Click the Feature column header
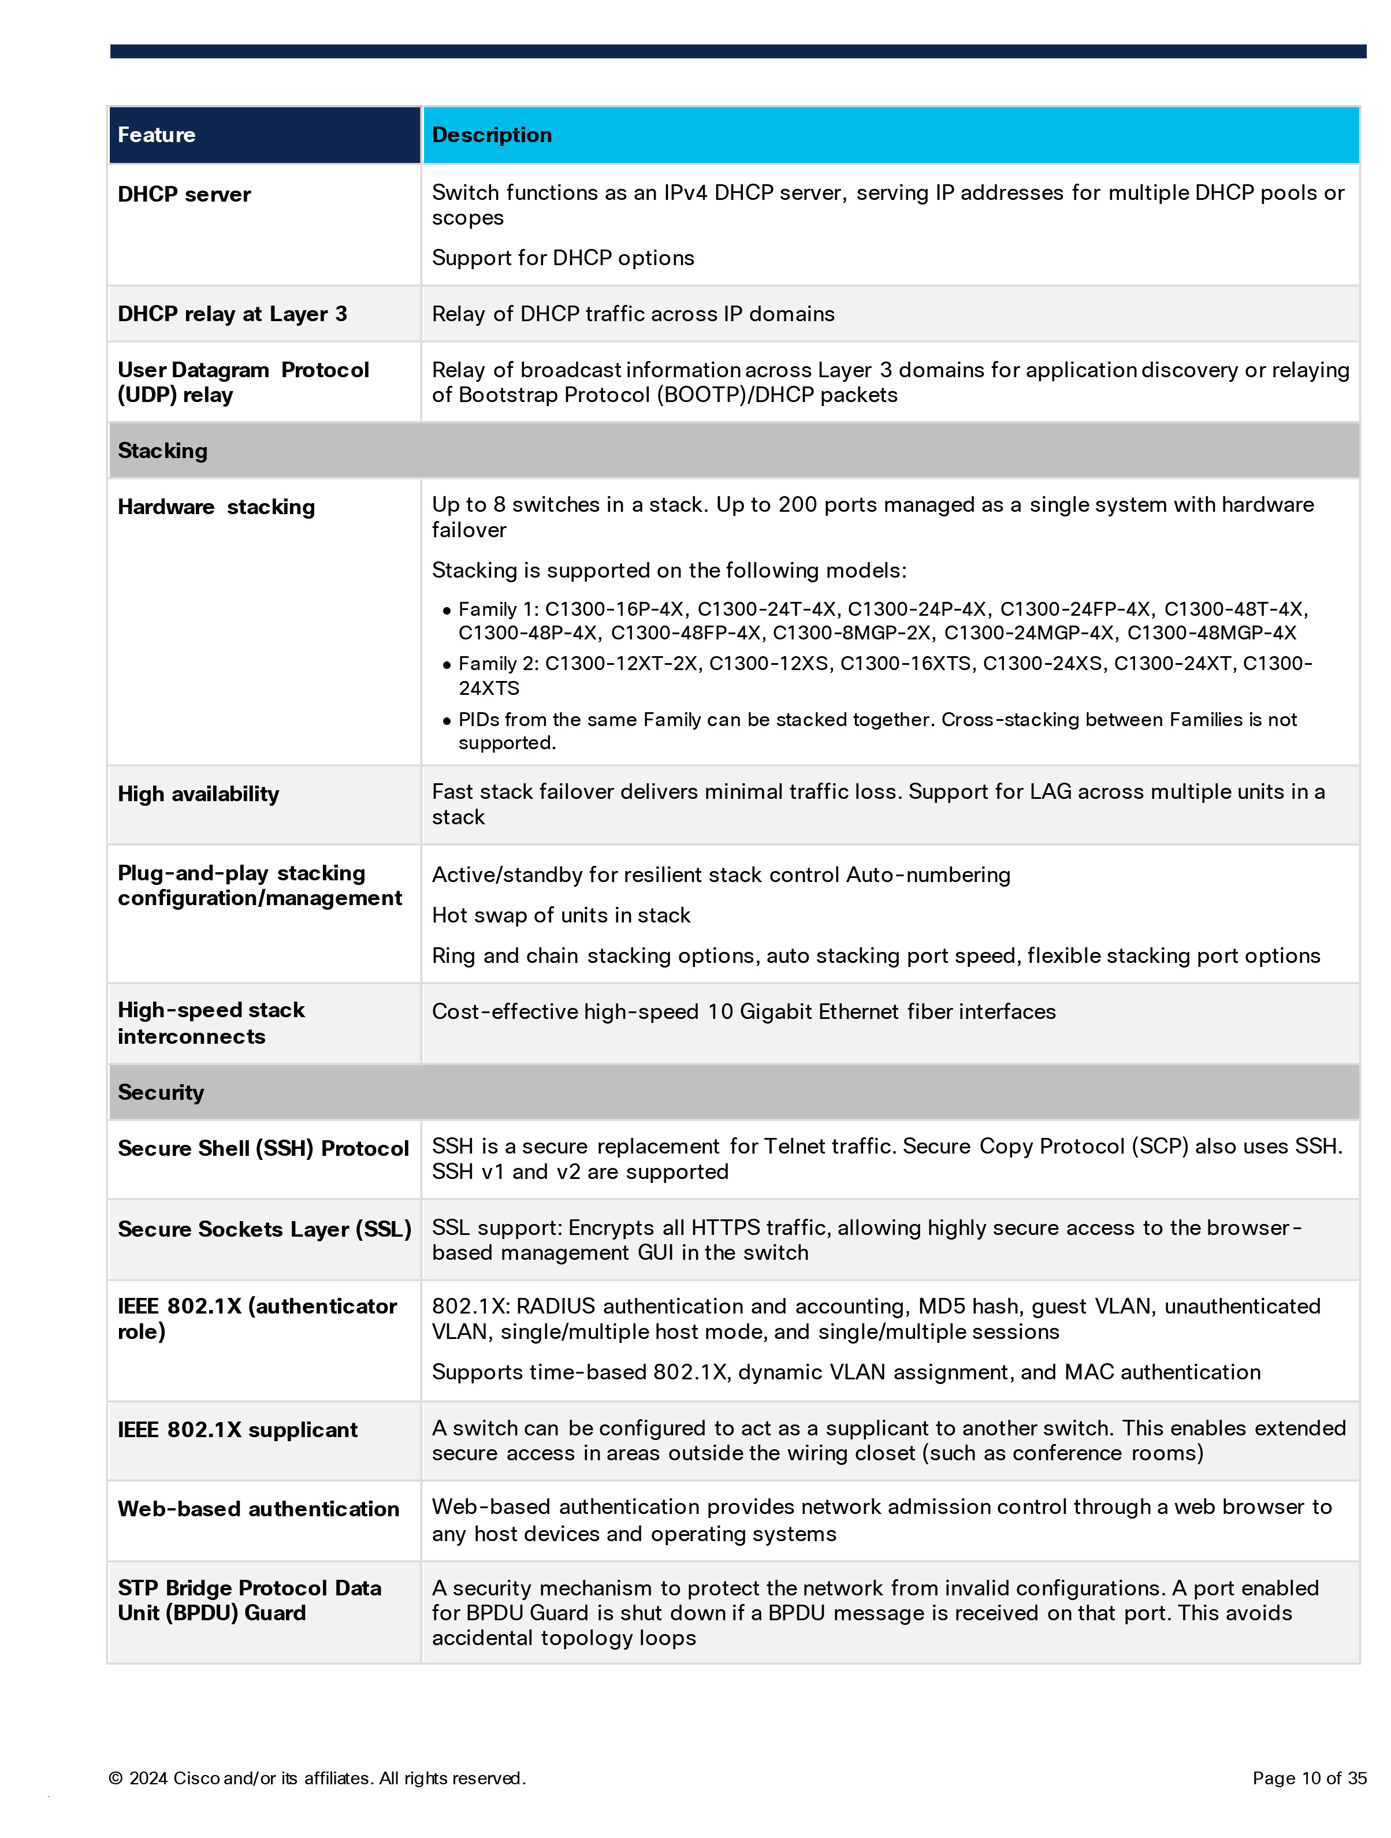(156, 135)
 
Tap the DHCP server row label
(184, 195)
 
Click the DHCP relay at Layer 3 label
(232, 314)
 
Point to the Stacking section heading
(162, 451)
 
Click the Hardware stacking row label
(216, 507)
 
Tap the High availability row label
(198, 794)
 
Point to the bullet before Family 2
(447, 665)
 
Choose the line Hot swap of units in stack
(561, 915)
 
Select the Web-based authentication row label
(258, 1508)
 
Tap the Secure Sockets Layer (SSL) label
(264, 1229)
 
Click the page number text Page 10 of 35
(1309, 1777)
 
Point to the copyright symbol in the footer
(116, 1778)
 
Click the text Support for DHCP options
(563, 258)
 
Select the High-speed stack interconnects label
(211, 1023)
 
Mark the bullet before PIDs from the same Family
(447, 720)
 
